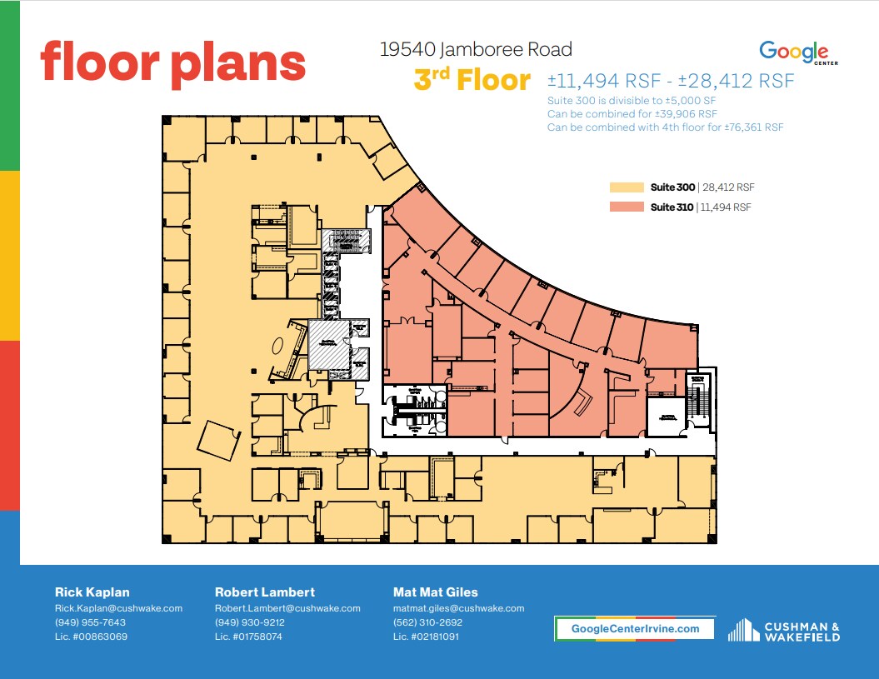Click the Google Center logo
pos(793,52)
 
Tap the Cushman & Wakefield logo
pos(783,630)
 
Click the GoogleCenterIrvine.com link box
pos(635,628)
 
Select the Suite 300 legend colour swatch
pos(627,187)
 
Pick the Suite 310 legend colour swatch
pos(627,207)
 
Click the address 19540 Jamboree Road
pos(476,50)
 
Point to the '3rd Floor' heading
pos(472,81)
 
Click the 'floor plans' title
pos(173,63)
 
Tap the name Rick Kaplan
pos(92,592)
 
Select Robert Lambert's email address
pos(287,608)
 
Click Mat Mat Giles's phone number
pos(427,622)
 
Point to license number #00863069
pos(91,637)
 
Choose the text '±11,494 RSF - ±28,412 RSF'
pos(671,81)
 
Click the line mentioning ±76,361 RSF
pos(665,127)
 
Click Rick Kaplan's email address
pos(118,608)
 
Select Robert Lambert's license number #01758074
pos(249,637)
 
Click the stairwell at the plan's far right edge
pos(697,397)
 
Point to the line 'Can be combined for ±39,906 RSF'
pos(632,113)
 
